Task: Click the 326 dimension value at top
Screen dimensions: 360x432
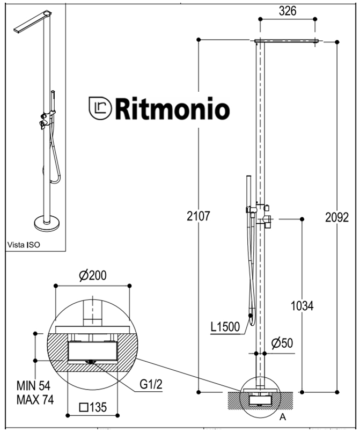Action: pyautogui.click(x=288, y=11)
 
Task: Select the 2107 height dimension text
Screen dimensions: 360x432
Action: pyautogui.click(x=199, y=216)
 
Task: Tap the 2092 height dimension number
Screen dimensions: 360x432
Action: pyautogui.click(x=337, y=217)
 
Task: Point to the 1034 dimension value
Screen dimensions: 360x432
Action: pyautogui.click(x=302, y=306)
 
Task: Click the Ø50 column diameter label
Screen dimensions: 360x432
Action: pyautogui.click(x=282, y=343)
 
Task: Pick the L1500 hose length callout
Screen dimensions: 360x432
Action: pyautogui.click(x=225, y=327)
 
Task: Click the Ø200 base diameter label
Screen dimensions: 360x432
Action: pyautogui.click(x=93, y=275)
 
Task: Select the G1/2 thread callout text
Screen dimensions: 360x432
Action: pyautogui.click(x=151, y=384)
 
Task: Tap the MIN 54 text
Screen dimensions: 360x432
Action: pyautogui.click(x=33, y=386)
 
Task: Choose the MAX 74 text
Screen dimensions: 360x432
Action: pyautogui.click(x=35, y=400)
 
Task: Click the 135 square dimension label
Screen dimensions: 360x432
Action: pyautogui.click(x=93, y=407)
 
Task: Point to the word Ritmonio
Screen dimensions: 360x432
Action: pyautogui.click(x=172, y=108)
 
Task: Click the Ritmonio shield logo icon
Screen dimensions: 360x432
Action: pyautogui.click(x=100, y=108)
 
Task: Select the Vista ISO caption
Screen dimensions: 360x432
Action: pyautogui.click(x=24, y=245)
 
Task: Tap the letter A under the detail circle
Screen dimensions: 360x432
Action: pyautogui.click(x=283, y=417)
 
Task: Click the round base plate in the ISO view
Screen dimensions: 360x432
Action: pyautogui.click(x=47, y=223)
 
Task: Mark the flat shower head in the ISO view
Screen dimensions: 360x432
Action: pyautogui.click(x=33, y=22)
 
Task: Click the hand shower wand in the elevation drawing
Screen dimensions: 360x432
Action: pyautogui.click(x=248, y=193)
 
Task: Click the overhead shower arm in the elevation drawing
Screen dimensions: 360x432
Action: pyautogui.click(x=286, y=41)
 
